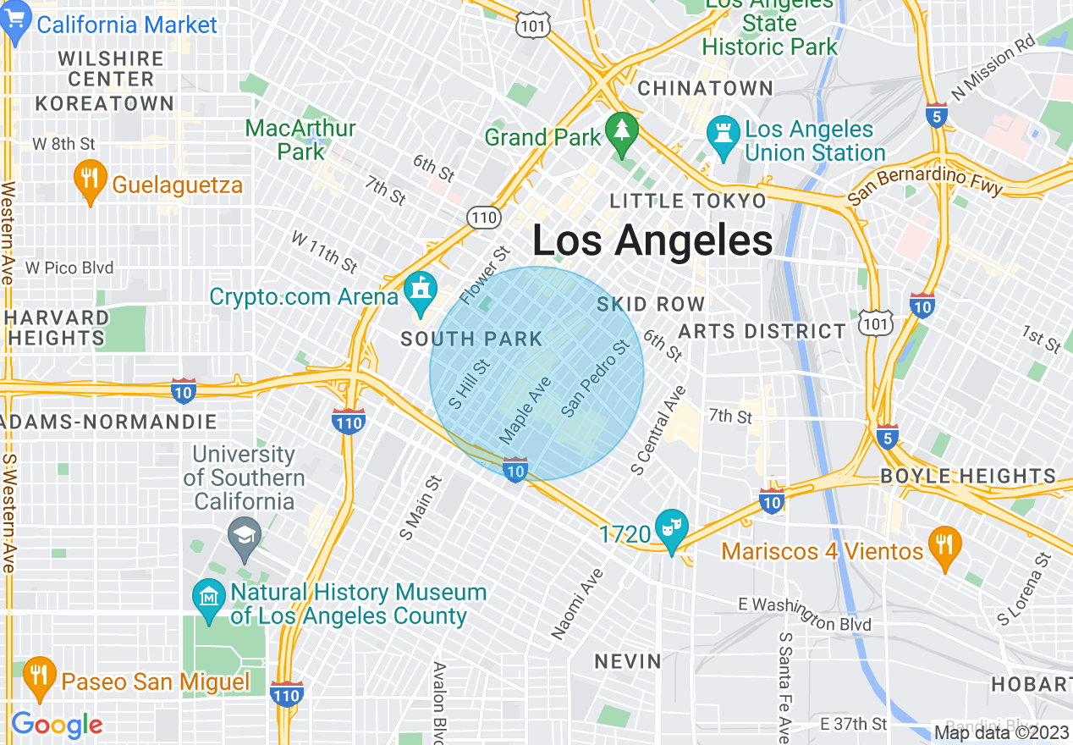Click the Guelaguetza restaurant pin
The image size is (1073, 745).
89,179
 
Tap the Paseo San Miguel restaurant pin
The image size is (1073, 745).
37,676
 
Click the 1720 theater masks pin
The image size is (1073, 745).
672,529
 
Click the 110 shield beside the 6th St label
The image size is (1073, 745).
482,218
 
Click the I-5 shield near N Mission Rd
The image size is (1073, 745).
936,115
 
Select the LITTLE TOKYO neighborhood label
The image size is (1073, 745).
688,201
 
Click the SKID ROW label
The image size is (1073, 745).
651,304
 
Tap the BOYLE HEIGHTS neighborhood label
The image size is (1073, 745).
968,476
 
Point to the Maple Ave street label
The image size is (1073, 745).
525,411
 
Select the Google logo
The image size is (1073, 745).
57,725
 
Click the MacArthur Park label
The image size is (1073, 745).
300,140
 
